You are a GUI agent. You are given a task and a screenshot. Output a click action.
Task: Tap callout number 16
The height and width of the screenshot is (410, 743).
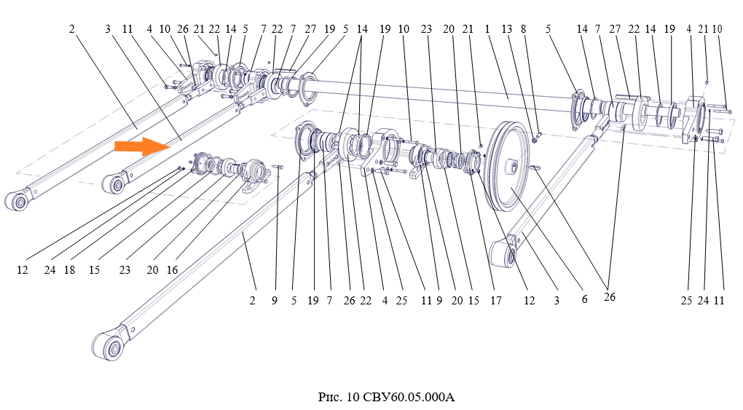(x=172, y=270)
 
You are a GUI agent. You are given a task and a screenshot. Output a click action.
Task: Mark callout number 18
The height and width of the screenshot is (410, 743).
(x=70, y=270)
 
